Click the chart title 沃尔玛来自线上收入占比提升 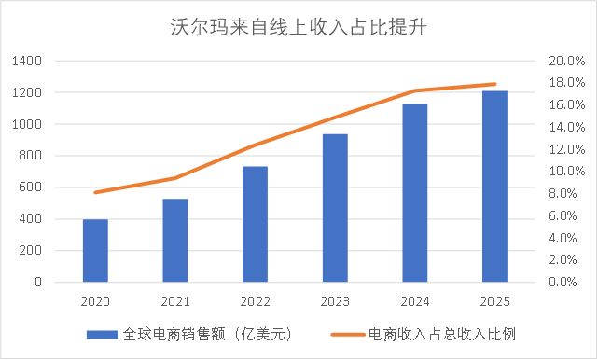tap(299, 25)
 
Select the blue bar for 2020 tap(95, 250)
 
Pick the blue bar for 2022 tap(256, 224)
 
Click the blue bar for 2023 tap(335, 207)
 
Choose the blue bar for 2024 tap(415, 192)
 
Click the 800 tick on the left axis tap(33, 156)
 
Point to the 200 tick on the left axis tap(33, 250)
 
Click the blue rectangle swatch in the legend tap(102, 334)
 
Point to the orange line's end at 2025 tap(495, 84)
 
